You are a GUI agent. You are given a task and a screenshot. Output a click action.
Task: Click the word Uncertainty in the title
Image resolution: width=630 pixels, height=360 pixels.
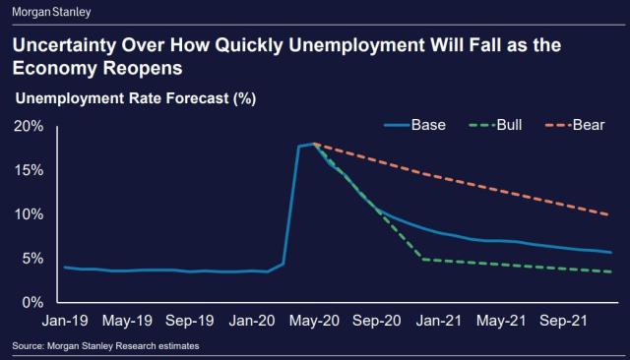pyautogui.click(x=71, y=47)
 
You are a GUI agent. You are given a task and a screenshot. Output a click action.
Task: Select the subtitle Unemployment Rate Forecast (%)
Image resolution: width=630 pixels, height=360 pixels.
pyautogui.click(x=131, y=98)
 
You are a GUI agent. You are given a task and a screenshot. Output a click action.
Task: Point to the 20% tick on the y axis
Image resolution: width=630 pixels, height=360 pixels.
pyautogui.click(x=28, y=127)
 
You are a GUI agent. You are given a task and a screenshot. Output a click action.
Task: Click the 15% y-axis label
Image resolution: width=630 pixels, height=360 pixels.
pyautogui.click(x=28, y=170)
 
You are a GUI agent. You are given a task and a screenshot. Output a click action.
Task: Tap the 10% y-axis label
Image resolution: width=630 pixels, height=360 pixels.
pyautogui.click(x=28, y=214)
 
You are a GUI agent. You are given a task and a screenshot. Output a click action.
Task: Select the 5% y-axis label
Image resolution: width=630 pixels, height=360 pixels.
pyautogui.click(x=31, y=259)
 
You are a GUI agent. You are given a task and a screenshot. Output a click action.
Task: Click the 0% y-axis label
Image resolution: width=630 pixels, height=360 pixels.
pyautogui.click(x=31, y=302)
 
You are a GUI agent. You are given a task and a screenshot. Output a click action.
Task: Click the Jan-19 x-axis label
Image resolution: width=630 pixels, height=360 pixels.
pyautogui.click(x=65, y=321)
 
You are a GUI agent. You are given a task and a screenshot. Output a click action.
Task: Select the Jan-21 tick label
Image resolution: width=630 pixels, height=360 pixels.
pyautogui.click(x=438, y=321)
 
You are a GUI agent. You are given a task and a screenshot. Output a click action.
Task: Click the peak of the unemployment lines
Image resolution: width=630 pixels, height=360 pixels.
pyautogui.click(x=313, y=144)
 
